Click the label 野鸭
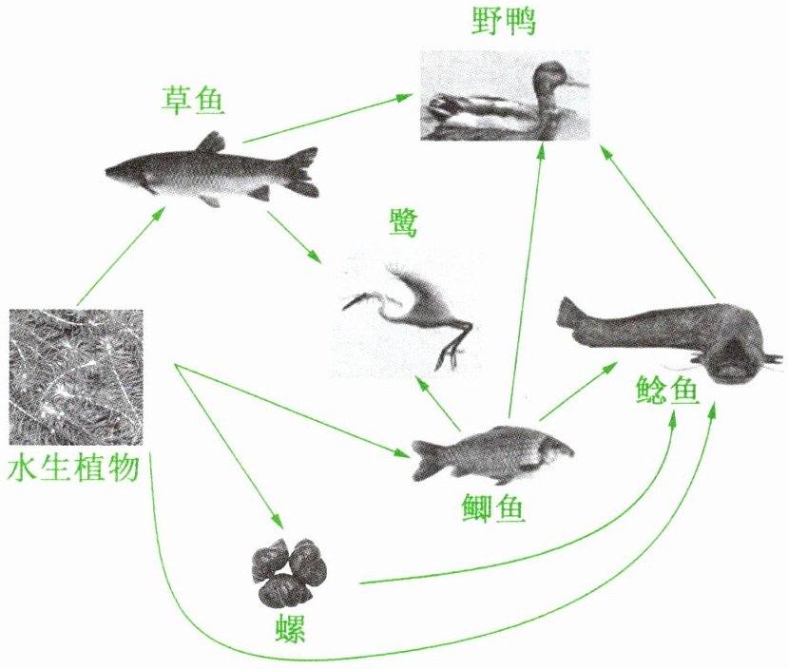tap(504, 22)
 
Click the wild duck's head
tap(549, 78)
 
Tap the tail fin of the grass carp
tap(303, 172)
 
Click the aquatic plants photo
tap(75, 376)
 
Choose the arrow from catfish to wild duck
tap(656, 219)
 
